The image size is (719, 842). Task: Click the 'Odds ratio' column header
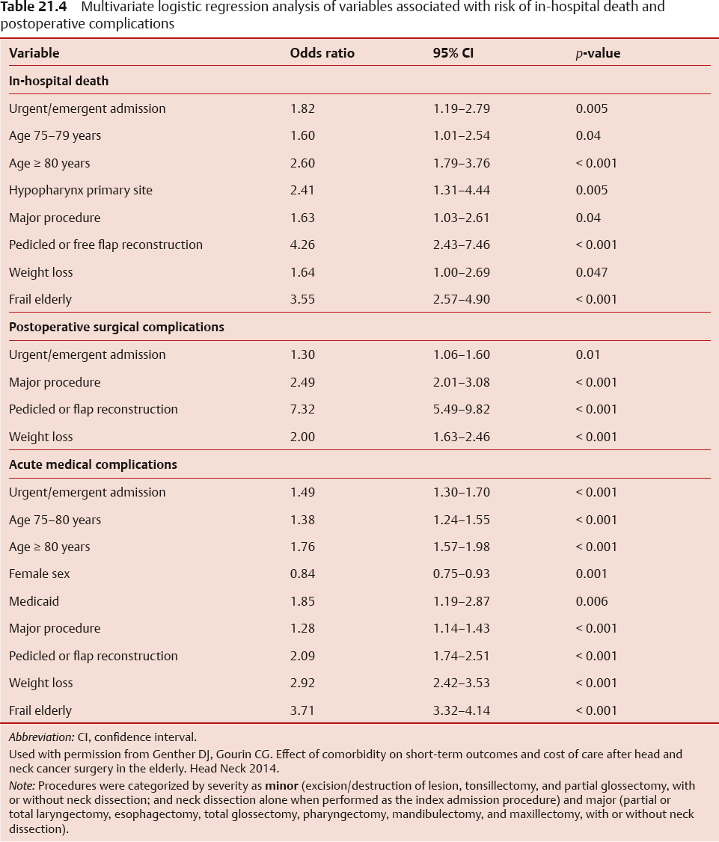pyautogui.click(x=322, y=53)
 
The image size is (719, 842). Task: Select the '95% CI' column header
pyautogui.click(x=453, y=53)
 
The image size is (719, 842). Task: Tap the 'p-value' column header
pyautogui.click(x=598, y=53)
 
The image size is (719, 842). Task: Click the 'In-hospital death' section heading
pyautogui.click(x=58, y=81)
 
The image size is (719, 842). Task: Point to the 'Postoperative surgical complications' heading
pyautogui.click(x=116, y=327)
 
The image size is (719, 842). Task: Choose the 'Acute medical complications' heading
pyautogui.click(x=93, y=464)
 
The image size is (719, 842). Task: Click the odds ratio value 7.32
pyautogui.click(x=302, y=409)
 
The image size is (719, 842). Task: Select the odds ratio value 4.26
pyautogui.click(x=302, y=245)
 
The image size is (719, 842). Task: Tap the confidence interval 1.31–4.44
pyautogui.click(x=461, y=190)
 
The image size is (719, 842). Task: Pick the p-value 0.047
pyautogui.click(x=591, y=272)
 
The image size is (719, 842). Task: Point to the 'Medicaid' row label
pyautogui.click(x=34, y=601)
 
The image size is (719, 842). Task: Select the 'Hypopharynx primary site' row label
pyautogui.click(x=80, y=190)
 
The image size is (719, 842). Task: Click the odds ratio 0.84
pyautogui.click(x=302, y=574)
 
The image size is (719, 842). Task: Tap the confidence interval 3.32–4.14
pyautogui.click(x=461, y=710)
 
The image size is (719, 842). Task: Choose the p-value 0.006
pyautogui.click(x=591, y=601)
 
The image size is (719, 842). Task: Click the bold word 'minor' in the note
pyautogui.click(x=281, y=786)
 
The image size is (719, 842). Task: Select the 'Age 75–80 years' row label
pyautogui.click(x=55, y=520)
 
